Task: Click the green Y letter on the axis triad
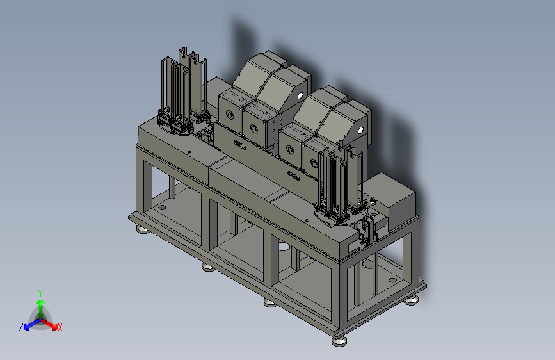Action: [x=40, y=293]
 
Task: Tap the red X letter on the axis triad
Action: [x=60, y=328]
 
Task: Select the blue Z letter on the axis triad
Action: [x=21, y=327]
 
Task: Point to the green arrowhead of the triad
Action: [x=41, y=302]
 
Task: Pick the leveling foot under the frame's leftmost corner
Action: [x=143, y=231]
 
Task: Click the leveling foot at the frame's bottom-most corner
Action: [x=339, y=341]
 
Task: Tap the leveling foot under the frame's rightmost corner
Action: [x=412, y=300]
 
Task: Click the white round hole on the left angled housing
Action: [x=300, y=95]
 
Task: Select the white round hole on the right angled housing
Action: [x=360, y=130]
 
